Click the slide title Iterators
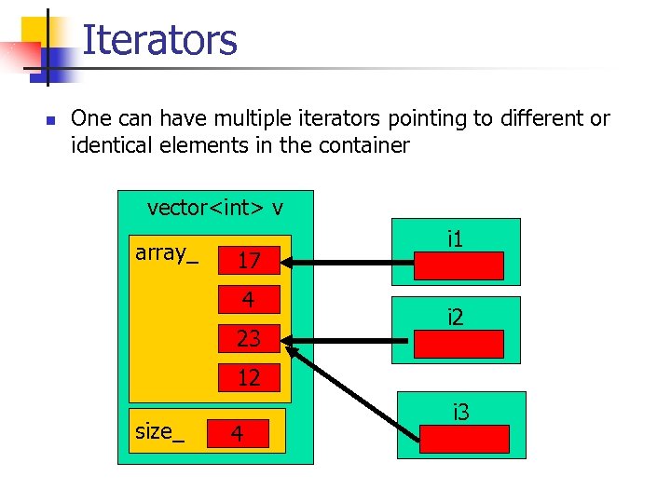[159, 41]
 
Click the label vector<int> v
[215, 207]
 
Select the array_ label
[167, 252]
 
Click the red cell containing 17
[248, 261]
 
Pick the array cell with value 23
[248, 338]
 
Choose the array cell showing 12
[248, 377]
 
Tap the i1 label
[456, 239]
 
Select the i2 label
[456, 318]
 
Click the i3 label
[461, 411]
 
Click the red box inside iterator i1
[459, 265]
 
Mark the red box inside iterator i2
[459, 344]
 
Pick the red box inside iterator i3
[464, 439]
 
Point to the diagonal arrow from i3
[354, 391]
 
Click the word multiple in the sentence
[221, 119]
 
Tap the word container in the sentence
[364, 145]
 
